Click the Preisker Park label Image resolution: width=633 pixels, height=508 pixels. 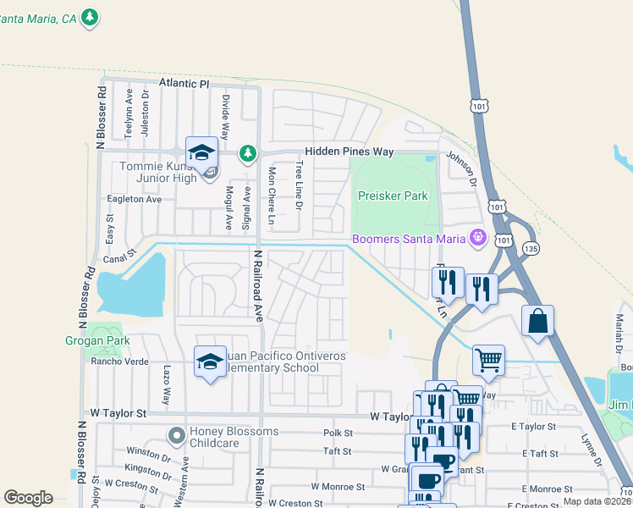393,196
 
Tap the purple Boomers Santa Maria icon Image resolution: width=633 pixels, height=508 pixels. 478,238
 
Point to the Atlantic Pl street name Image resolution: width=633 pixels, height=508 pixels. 184,85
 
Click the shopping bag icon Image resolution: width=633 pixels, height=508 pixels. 537,322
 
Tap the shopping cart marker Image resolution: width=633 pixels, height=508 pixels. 488,361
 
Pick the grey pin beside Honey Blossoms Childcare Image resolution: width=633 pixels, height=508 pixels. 176,435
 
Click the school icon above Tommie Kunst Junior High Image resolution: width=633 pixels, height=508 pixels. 201,153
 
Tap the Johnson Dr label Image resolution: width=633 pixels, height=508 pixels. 462,169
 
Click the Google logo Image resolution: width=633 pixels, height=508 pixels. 28,498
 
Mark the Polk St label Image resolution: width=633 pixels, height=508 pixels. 337,433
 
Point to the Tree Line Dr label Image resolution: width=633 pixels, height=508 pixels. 298,185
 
